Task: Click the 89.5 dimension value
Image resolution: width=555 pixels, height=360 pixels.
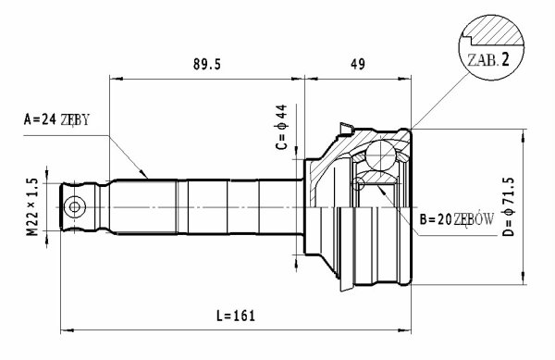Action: (x=207, y=65)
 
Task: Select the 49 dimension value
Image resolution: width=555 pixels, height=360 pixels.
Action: (x=357, y=64)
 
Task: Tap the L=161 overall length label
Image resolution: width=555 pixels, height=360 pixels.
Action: (x=236, y=316)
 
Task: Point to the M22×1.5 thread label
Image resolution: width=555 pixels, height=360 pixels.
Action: (x=32, y=207)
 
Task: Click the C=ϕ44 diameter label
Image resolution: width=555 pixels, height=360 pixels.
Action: (x=282, y=127)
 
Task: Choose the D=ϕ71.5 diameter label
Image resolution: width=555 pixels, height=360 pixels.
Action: (x=509, y=206)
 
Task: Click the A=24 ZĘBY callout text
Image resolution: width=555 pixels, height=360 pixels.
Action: (x=56, y=119)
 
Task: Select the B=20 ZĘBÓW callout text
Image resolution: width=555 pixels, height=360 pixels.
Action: (x=457, y=220)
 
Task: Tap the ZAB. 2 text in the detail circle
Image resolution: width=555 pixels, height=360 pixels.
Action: (x=488, y=60)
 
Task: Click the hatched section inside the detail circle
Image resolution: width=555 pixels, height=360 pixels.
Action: (x=494, y=31)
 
